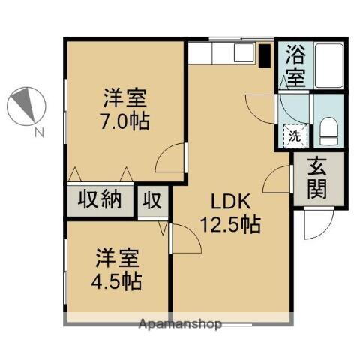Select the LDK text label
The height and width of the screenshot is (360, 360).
(x=229, y=202)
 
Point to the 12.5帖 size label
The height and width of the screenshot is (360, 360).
(x=229, y=223)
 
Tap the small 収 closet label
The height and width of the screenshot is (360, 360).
(x=154, y=201)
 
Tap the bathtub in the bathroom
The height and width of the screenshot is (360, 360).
(x=328, y=65)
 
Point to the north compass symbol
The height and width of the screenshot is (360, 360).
(x=26, y=107)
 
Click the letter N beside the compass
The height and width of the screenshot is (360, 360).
(x=37, y=133)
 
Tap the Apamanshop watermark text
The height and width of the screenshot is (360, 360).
(x=180, y=325)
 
